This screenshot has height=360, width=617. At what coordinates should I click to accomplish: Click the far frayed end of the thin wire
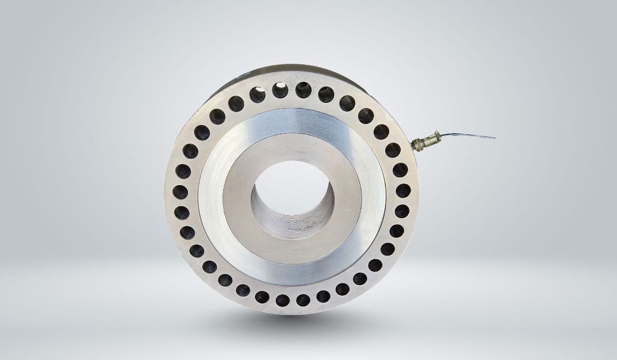tap(494, 138)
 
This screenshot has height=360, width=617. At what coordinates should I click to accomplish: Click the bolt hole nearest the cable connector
tap(392, 150)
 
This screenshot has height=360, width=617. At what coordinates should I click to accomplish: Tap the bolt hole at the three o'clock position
tap(404, 191)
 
